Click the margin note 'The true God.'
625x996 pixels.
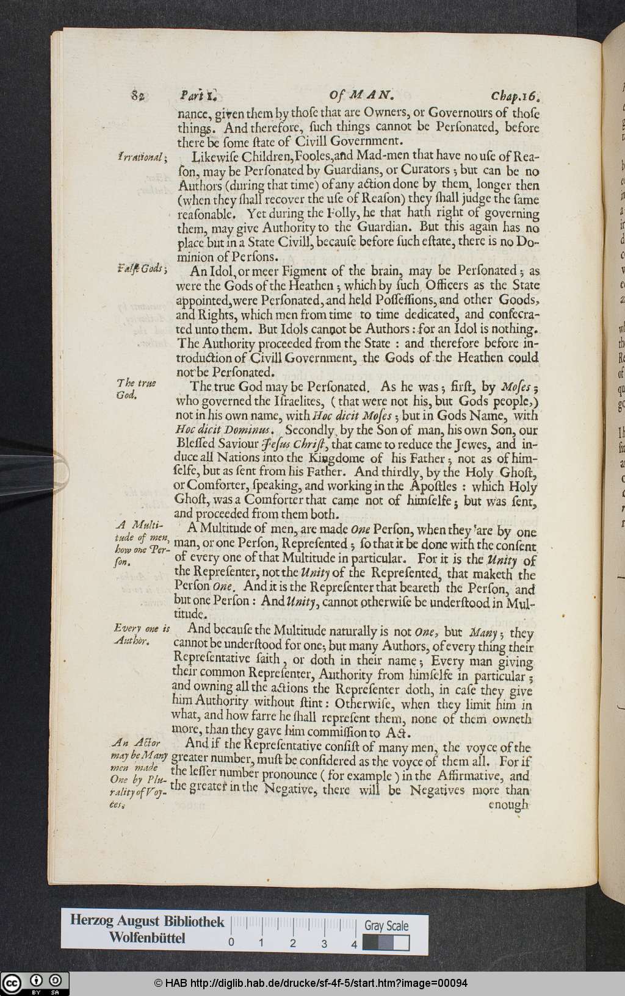tap(136, 389)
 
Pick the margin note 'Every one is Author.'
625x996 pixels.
tap(141, 634)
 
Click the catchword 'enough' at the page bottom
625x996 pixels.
tap(509, 804)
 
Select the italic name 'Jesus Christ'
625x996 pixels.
tap(294, 445)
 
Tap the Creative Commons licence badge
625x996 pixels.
tap(35, 983)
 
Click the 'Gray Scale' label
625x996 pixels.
tap(386, 925)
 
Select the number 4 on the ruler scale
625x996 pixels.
tap(354, 944)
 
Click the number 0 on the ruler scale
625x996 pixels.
tap(231, 944)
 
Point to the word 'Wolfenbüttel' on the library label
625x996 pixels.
tap(147, 937)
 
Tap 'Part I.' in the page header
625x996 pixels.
tap(199, 96)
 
